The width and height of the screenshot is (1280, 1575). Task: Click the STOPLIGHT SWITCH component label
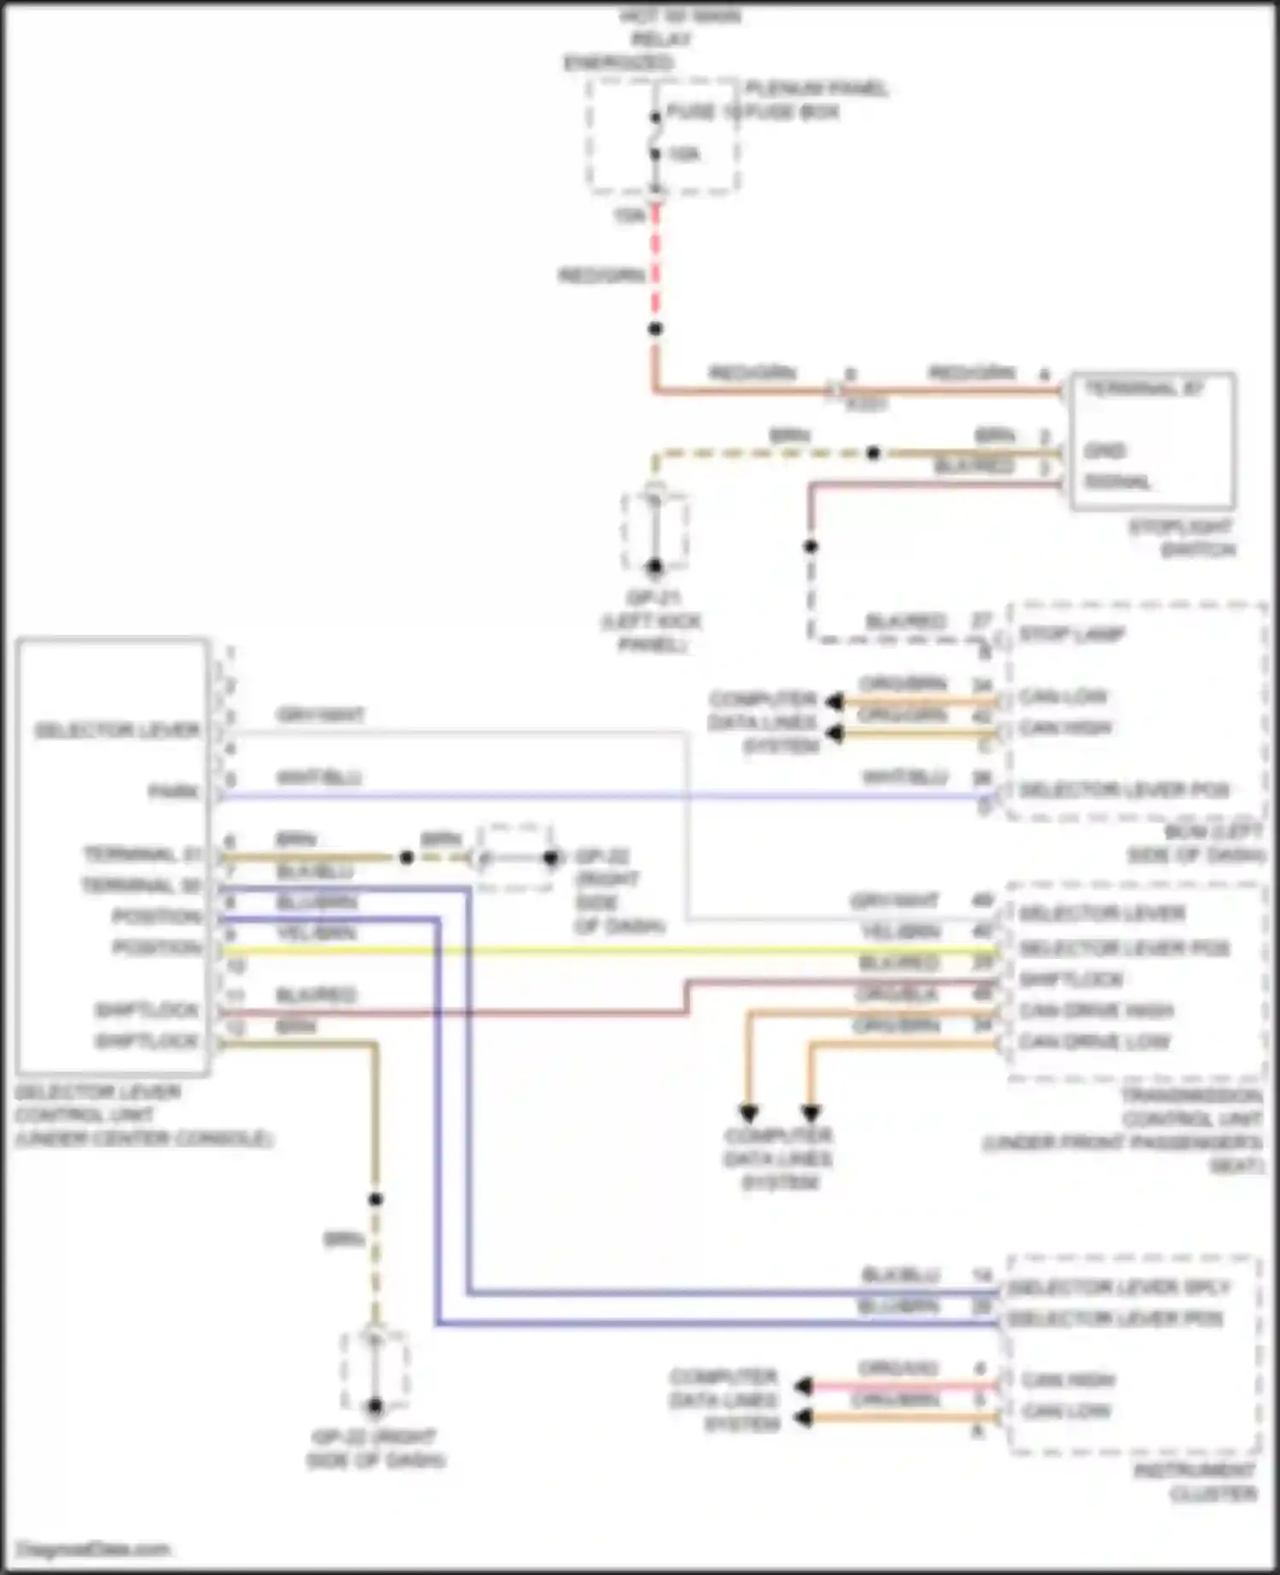[1182, 538]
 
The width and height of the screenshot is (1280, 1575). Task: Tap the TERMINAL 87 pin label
[1143, 389]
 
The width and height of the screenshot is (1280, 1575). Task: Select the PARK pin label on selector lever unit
[175, 793]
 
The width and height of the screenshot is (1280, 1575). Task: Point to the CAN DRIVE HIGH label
[1097, 1011]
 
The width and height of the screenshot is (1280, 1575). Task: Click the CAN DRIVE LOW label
[1095, 1042]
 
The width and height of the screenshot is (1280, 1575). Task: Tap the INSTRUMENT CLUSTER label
[1195, 1482]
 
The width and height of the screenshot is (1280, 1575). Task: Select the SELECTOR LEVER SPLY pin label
[1119, 1287]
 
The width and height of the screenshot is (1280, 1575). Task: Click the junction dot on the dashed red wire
[655, 328]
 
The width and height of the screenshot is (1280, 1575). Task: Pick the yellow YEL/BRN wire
[597, 950]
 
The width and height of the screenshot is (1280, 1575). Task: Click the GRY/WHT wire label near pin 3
[320, 715]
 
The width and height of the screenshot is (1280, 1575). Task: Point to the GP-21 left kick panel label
[653, 621]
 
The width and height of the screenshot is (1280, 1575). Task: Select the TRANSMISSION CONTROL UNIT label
[1191, 1119]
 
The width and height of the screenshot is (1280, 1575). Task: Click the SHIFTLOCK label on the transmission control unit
[1071, 979]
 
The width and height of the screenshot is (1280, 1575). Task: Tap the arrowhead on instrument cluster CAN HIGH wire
[803, 1386]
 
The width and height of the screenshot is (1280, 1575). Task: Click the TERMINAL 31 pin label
[143, 855]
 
